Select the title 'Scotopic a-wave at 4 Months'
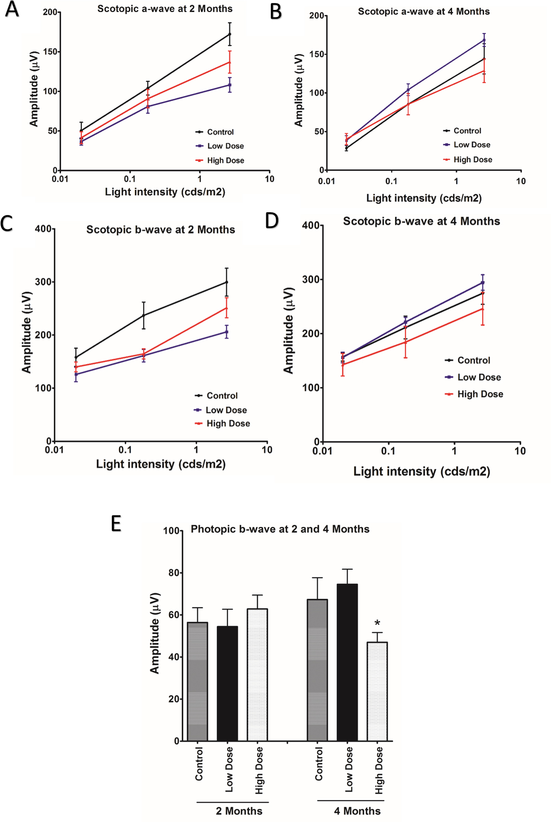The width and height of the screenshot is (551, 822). click(424, 11)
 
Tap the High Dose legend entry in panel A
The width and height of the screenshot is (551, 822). click(225, 160)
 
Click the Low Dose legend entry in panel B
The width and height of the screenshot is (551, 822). click(472, 145)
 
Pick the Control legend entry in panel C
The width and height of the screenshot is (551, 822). click(222, 396)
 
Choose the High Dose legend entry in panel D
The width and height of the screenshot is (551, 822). click(480, 394)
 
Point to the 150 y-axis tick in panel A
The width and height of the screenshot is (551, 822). click(50, 51)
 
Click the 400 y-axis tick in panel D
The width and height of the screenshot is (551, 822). click(311, 225)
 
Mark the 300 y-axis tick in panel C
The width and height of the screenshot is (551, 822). click(43, 282)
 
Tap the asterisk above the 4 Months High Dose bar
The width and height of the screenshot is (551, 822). click(377, 623)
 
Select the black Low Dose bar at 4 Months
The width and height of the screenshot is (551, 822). click(347, 662)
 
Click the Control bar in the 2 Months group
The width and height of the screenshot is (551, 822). click(197, 681)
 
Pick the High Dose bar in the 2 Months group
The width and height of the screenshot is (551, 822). click(257, 674)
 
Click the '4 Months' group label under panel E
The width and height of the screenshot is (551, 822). click(357, 811)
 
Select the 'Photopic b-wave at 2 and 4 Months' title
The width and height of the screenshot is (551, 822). click(280, 529)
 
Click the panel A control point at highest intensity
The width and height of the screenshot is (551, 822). click(230, 34)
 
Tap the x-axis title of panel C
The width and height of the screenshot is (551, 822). click(161, 464)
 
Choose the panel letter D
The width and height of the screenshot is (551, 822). click(272, 220)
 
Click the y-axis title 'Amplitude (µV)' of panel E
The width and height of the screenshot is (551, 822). click(155, 633)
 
